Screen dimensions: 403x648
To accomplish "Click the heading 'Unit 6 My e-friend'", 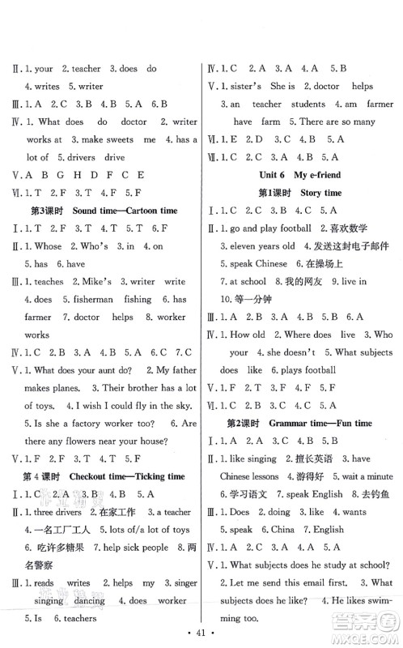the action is tap(299, 175).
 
